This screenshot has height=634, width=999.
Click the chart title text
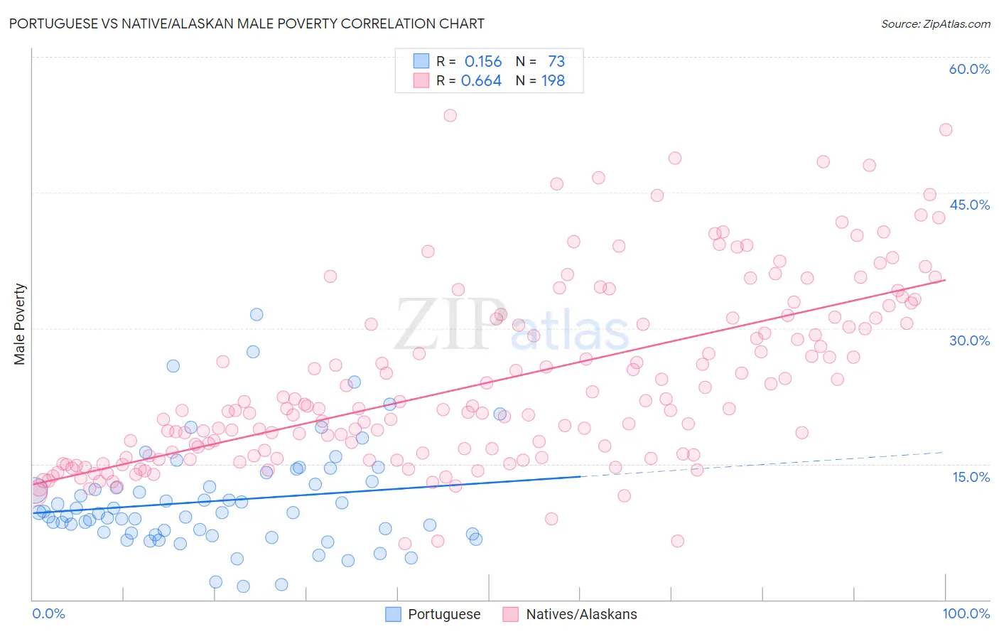coord(247,23)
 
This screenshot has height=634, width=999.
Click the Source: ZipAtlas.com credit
coord(935,23)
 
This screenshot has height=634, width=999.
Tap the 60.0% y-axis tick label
coord(969,69)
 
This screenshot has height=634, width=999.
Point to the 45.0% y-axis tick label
coord(969,205)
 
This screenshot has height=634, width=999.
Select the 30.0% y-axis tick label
coord(969,340)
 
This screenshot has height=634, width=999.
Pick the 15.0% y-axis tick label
coord(971,477)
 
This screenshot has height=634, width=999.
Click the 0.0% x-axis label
coord(48,613)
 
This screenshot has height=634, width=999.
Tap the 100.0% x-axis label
coord(966,613)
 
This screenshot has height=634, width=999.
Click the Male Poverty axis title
coord(20,324)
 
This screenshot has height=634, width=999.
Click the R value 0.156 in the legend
coord(483,62)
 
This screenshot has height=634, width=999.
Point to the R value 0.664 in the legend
coord(482,81)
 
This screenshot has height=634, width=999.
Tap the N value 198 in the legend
coord(553,81)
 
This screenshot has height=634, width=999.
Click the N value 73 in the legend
coord(556,62)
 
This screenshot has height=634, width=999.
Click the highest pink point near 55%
coord(450,115)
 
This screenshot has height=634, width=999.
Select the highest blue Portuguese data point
coord(256,314)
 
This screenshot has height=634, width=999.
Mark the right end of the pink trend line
coord(945,280)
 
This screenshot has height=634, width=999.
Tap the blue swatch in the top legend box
coord(421,61)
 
